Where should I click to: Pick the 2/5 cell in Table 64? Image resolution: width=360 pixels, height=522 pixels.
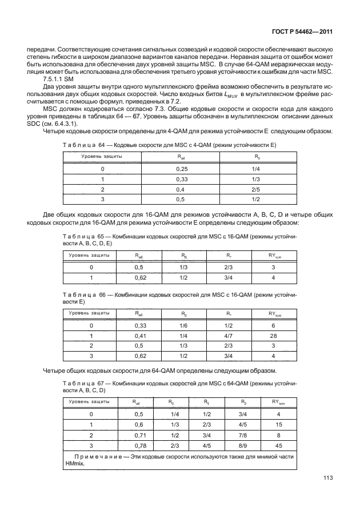coord(255,190)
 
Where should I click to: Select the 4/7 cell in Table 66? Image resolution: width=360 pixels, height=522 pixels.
coord(228,336)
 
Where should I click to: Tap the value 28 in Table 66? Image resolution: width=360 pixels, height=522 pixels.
coord(273,336)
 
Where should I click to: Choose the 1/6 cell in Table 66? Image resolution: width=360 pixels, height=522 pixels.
coord(183,325)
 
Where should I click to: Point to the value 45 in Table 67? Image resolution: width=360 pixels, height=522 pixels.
coord(278,445)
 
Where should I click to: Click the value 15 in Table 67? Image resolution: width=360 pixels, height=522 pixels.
coord(278,424)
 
